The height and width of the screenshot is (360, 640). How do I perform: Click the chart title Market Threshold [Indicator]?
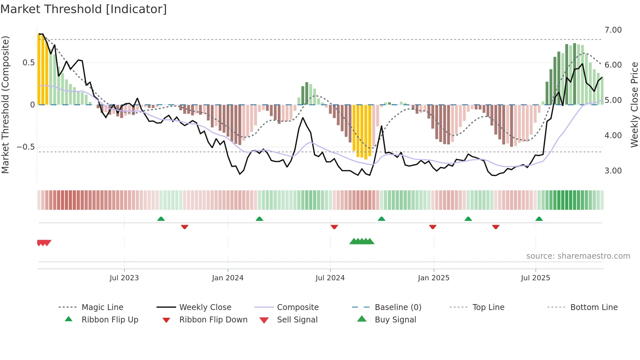[84, 9]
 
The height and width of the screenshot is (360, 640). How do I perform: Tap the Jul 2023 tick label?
[124, 278]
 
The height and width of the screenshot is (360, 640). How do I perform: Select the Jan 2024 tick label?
[228, 278]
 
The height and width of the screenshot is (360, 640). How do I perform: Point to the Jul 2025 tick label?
[535, 278]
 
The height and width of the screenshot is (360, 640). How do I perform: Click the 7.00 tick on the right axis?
[613, 30]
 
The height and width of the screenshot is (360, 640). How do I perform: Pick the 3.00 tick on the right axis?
[613, 171]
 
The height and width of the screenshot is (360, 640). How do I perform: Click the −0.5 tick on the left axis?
[25, 147]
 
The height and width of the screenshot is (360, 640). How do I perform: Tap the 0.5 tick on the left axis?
[28, 63]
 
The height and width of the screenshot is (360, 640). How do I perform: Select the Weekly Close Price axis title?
[634, 105]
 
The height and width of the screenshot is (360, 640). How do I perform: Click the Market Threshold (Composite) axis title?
[5, 105]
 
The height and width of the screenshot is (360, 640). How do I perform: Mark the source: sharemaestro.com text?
[578, 256]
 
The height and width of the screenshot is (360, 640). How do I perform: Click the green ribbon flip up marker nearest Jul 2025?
[539, 219]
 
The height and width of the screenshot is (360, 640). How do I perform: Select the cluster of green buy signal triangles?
[362, 241]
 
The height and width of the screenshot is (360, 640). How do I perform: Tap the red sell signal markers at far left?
[44, 243]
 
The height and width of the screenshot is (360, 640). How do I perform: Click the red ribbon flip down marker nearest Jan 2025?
[433, 227]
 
